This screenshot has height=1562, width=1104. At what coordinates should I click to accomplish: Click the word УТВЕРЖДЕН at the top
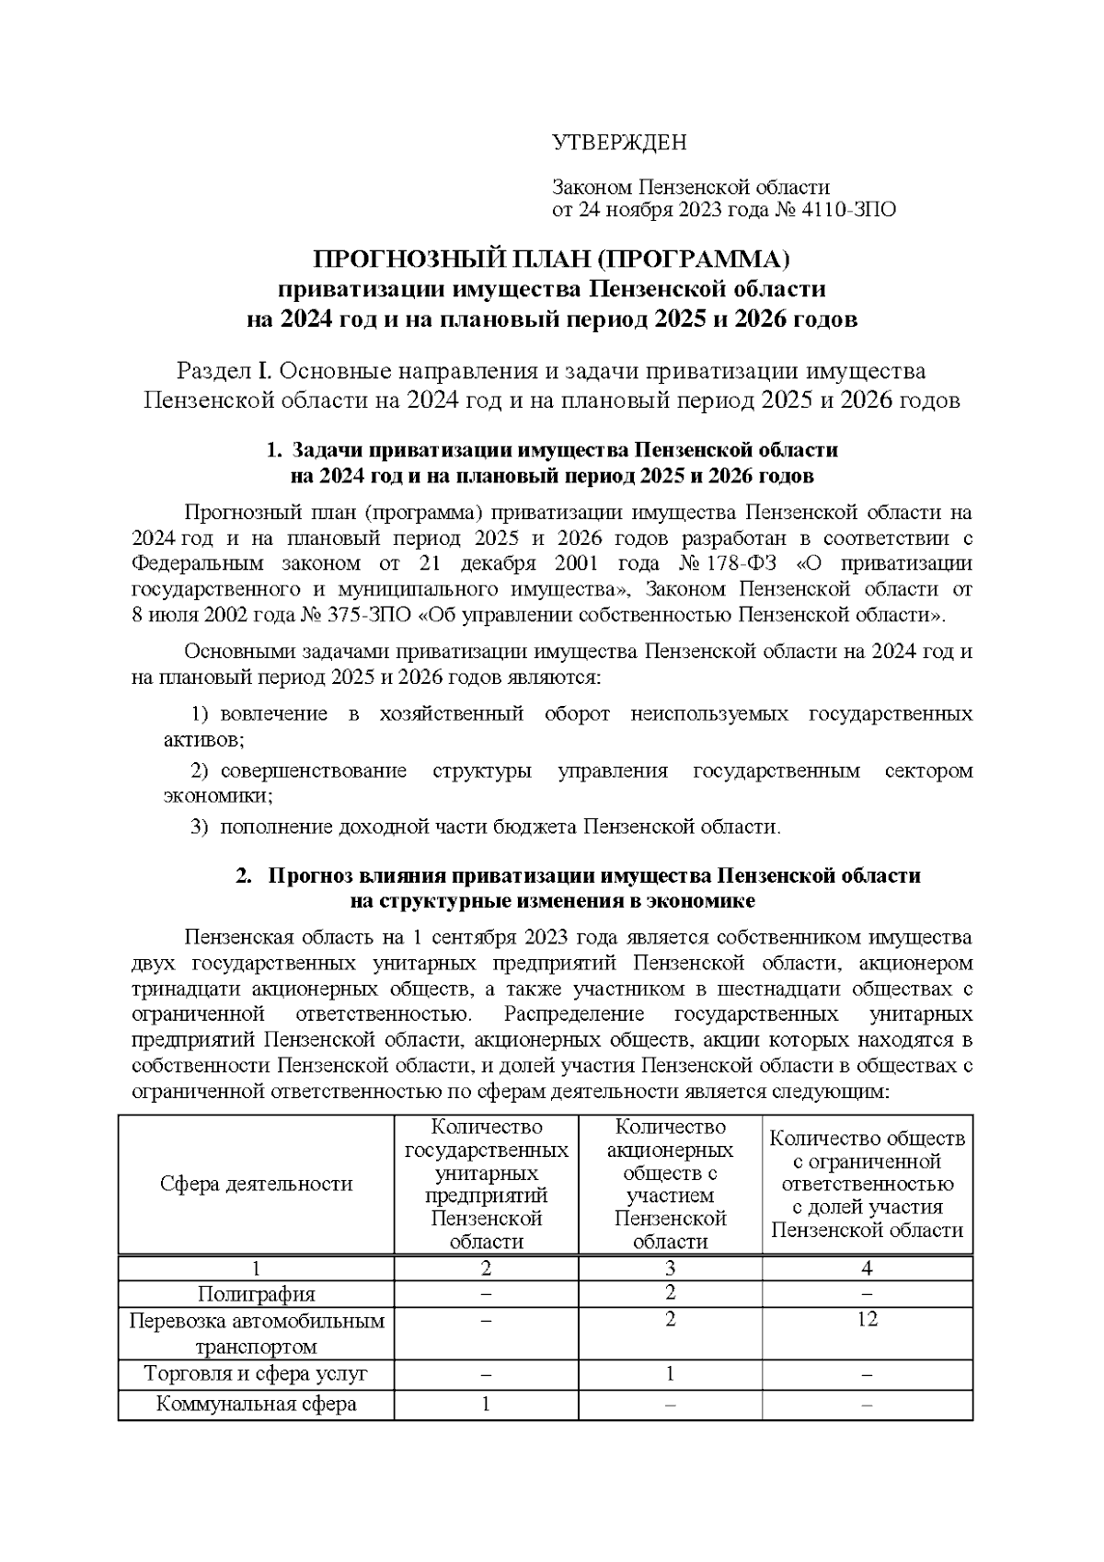(x=618, y=143)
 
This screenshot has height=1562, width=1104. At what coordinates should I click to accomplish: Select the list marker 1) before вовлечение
(x=201, y=714)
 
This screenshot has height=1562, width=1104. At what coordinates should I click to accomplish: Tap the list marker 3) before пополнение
(x=200, y=827)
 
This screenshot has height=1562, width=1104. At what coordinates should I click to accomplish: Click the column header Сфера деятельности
(x=256, y=1184)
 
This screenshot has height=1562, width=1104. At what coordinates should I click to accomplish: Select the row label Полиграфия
(x=256, y=1294)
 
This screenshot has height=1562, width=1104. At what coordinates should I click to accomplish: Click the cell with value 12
(x=867, y=1320)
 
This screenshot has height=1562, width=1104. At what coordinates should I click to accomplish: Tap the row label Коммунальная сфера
(x=256, y=1404)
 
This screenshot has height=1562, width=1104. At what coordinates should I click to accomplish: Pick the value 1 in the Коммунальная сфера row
(x=485, y=1404)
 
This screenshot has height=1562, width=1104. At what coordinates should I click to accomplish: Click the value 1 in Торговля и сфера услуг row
(x=670, y=1374)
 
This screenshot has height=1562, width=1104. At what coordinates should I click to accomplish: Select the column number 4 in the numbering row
(x=867, y=1268)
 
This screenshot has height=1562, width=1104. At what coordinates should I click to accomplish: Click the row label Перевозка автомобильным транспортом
(x=256, y=1334)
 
